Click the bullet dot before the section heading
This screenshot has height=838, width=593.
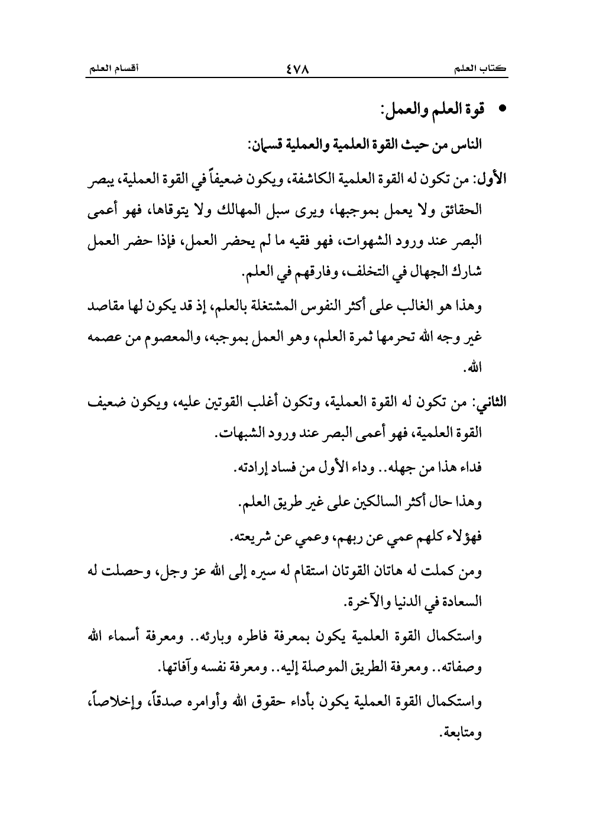coord(504,111)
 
